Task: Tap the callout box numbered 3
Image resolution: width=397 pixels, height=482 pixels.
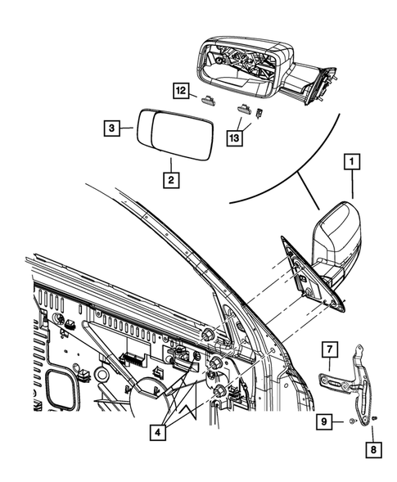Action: click(112, 128)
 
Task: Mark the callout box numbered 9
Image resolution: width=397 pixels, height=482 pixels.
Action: click(326, 421)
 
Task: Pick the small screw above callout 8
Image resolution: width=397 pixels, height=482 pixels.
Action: click(373, 419)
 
